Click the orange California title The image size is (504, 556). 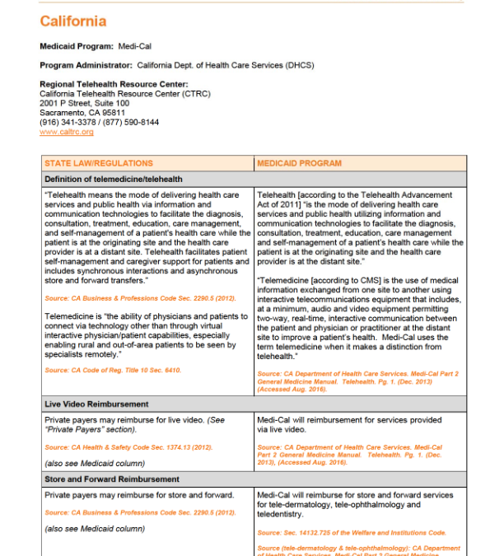[x=72, y=21]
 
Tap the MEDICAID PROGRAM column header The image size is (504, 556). [x=298, y=163]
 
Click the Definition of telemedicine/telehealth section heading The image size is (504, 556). [x=114, y=179]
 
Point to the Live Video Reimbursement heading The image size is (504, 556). [x=96, y=404]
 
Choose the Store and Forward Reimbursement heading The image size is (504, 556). [x=111, y=479]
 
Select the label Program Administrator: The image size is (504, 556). [x=86, y=65]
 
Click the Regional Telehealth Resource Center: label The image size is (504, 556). [x=114, y=84]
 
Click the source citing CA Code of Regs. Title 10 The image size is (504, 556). [x=113, y=371]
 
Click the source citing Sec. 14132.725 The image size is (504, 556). [x=352, y=533]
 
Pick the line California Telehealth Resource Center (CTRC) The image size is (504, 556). [x=124, y=94]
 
